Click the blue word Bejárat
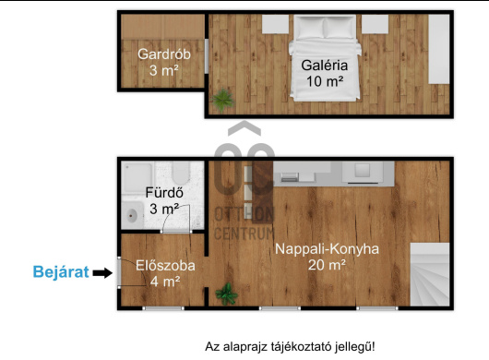point(61,271)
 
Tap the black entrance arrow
point(102,273)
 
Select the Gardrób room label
point(164,54)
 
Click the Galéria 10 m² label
point(325,73)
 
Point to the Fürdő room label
point(164,193)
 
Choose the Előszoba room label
point(165,266)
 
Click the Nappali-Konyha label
point(327,249)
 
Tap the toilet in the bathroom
point(181,174)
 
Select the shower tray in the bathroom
point(137,176)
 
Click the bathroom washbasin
point(133,215)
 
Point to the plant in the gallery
point(222,100)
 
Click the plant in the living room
point(227,294)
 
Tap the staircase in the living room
point(430,274)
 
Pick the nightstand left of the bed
point(275,24)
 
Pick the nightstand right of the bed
point(375,24)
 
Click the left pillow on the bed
point(310,28)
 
